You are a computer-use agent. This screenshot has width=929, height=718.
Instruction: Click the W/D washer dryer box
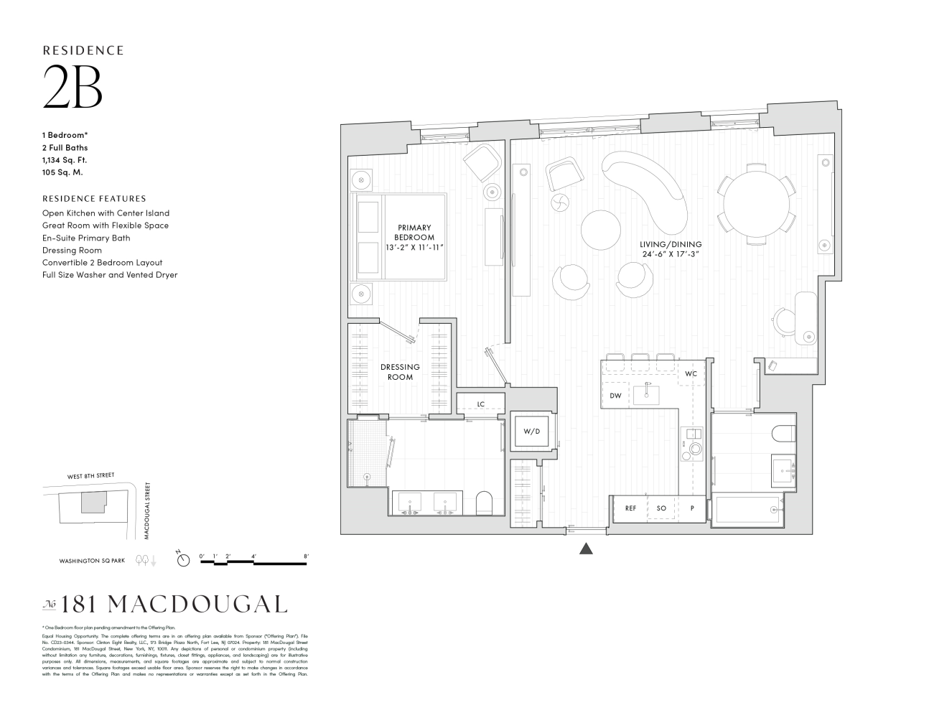pyautogui.click(x=531, y=432)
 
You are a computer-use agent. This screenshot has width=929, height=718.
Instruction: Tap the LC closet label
pyautogui.click(x=480, y=404)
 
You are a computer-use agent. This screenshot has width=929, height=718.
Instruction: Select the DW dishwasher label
pyautogui.click(x=615, y=396)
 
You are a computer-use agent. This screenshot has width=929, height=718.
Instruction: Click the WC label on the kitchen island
pyautogui.click(x=691, y=374)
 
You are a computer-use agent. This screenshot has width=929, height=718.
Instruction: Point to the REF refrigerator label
pyautogui.click(x=630, y=508)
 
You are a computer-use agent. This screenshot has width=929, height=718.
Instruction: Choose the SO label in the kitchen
pyautogui.click(x=661, y=508)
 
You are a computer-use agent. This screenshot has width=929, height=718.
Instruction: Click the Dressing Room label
pyautogui.click(x=400, y=372)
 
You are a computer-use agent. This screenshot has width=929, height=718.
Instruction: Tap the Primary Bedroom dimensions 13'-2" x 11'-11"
pyautogui.click(x=414, y=247)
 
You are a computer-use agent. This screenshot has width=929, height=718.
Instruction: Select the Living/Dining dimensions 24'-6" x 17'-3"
pyautogui.click(x=671, y=253)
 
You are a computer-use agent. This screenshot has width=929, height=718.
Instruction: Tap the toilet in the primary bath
pyautogui.click(x=485, y=503)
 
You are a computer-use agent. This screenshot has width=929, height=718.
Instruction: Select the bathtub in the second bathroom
pyautogui.click(x=747, y=510)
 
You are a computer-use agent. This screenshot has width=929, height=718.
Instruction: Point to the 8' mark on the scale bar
pyautogui.click(x=306, y=556)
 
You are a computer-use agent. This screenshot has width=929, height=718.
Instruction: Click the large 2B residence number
pyautogui.click(x=73, y=87)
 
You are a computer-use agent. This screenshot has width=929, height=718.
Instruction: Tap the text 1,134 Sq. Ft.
pyautogui.click(x=65, y=160)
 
